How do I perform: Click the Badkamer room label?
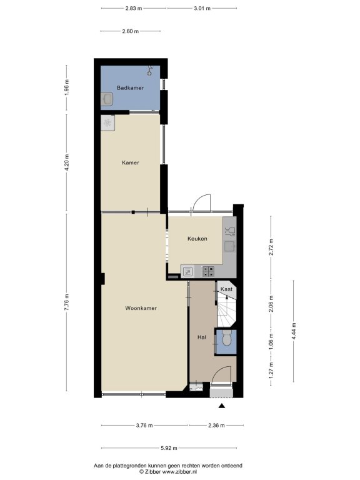point(130,88)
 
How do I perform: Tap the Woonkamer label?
point(141,308)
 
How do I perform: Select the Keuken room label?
point(197,239)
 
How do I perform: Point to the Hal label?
point(202,337)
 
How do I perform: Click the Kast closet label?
point(226,289)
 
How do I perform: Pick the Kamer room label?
point(131,162)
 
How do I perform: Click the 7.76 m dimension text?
point(67,302)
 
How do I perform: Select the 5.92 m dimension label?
point(169,448)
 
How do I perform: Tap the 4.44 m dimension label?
point(294,331)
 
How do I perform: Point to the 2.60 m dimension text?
point(130,31)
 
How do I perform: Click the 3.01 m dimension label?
point(202,8)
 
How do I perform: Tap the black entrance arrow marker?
point(222,406)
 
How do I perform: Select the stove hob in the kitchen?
point(208,271)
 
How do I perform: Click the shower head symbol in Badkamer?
point(150,71)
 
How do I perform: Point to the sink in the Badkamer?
point(107,99)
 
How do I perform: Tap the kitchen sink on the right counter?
point(229,246)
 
